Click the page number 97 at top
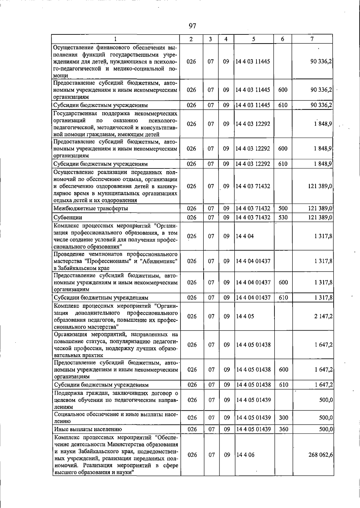click(192, 26)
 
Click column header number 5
click(253, 39)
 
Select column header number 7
click(312, 39)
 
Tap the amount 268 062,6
click(320, 455)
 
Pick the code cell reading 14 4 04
click(245, 236)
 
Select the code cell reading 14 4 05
click(245, 316)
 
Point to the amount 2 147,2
click(323, 316)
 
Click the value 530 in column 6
click(283, 217)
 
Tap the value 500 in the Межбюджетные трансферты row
click(283, 208)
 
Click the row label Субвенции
click(67, 217)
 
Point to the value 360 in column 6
click(283, 429)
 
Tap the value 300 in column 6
click(283, 417)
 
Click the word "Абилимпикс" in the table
click(160, 261)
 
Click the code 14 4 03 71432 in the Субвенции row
click(253, 217)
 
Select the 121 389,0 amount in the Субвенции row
click(320, 217)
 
